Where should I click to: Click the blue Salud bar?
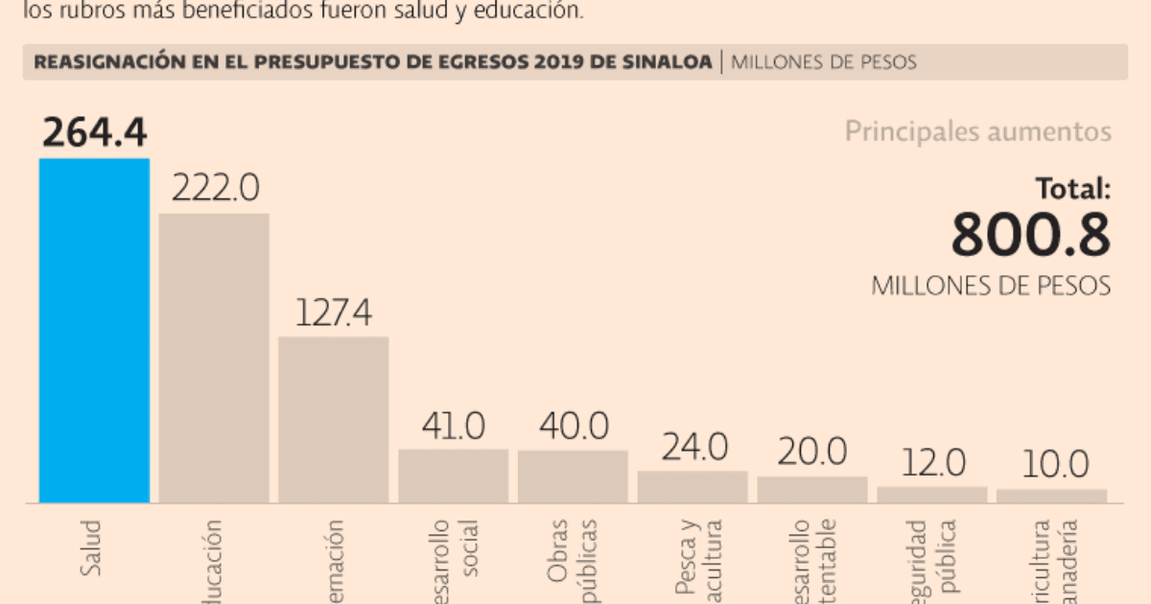[x=94, y=331]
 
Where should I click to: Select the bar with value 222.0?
[x=214, y=358]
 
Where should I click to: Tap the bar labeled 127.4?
[x=334, y=419]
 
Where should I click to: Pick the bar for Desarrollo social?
[x=453, y=476]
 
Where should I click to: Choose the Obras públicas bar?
[x=573, y=476]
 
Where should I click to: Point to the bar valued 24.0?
[x=693, y=486]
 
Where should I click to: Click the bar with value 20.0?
[x=812, y=489]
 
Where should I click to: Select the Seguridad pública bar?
[x=931, y=494]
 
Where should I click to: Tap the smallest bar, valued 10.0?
[x=1051, y=496]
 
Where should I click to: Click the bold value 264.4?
[x=94, y=133]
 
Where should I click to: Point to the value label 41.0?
[x=453, y=425]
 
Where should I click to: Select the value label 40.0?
[x=574, y=425]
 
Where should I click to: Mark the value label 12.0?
[x=932, y=464]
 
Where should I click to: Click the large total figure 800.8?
[x=1030, y=236]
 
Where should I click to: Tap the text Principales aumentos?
[x=977, y=131]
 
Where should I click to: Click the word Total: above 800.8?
[x=1071, y=189]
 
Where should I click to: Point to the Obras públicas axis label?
[x=573, y=561]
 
